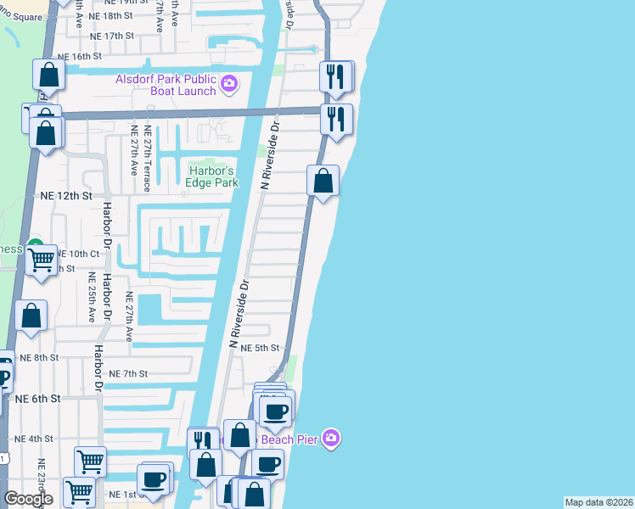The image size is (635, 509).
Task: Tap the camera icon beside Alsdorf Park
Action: point(228,84)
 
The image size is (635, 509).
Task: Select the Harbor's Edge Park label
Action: point(211,176)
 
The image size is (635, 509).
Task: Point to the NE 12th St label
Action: point(65,195)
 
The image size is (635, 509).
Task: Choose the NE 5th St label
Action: point(260,348)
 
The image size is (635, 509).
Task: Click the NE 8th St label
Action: point(38,358)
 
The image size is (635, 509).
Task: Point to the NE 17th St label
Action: point(112,36)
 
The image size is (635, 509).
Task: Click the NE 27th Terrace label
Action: point(148,151)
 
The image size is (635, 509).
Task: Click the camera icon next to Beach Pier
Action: point(331,439)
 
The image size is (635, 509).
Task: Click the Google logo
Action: point(28,499)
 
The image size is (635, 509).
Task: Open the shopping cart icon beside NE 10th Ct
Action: point(41,260)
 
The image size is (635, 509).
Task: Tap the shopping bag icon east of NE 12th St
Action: point(323,181)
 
